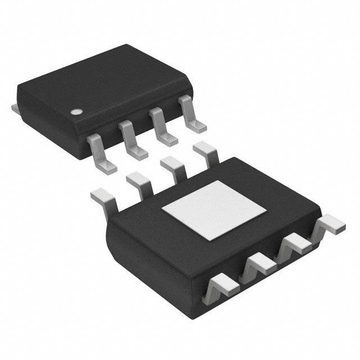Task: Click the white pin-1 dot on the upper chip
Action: [x=75, y=111]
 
